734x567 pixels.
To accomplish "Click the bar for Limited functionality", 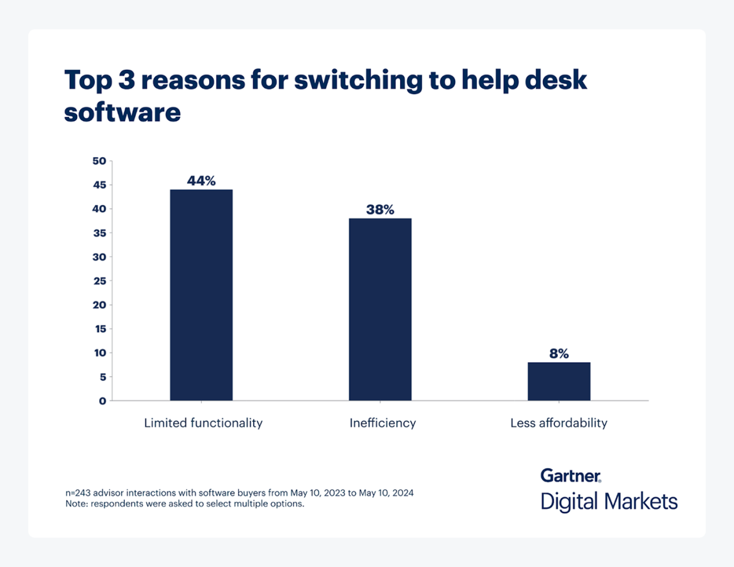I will [x=201, y=295].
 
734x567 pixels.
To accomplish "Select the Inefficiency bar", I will [x=380, y=309].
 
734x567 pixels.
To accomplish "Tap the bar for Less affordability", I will [x=559, y=381].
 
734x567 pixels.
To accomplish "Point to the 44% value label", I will [x=201, y=181].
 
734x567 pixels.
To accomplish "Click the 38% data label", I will [x=380, y=210].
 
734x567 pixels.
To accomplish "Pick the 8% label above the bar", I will [x=559, y=354].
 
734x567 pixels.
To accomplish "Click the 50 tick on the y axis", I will [x=99, y=161].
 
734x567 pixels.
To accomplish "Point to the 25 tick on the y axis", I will [x=99, y=281].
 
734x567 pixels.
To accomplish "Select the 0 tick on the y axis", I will [x=102, y=401].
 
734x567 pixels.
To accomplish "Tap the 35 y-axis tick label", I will [x=99, y=233].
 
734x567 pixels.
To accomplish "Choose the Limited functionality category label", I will [x=203, y=423].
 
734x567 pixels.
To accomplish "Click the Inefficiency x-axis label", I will [x=382, y=423].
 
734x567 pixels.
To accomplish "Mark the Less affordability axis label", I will [x=558, y=423].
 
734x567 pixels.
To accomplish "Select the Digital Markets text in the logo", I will [x=609, y=502].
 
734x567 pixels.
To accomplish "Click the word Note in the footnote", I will [x=76, y=505].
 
